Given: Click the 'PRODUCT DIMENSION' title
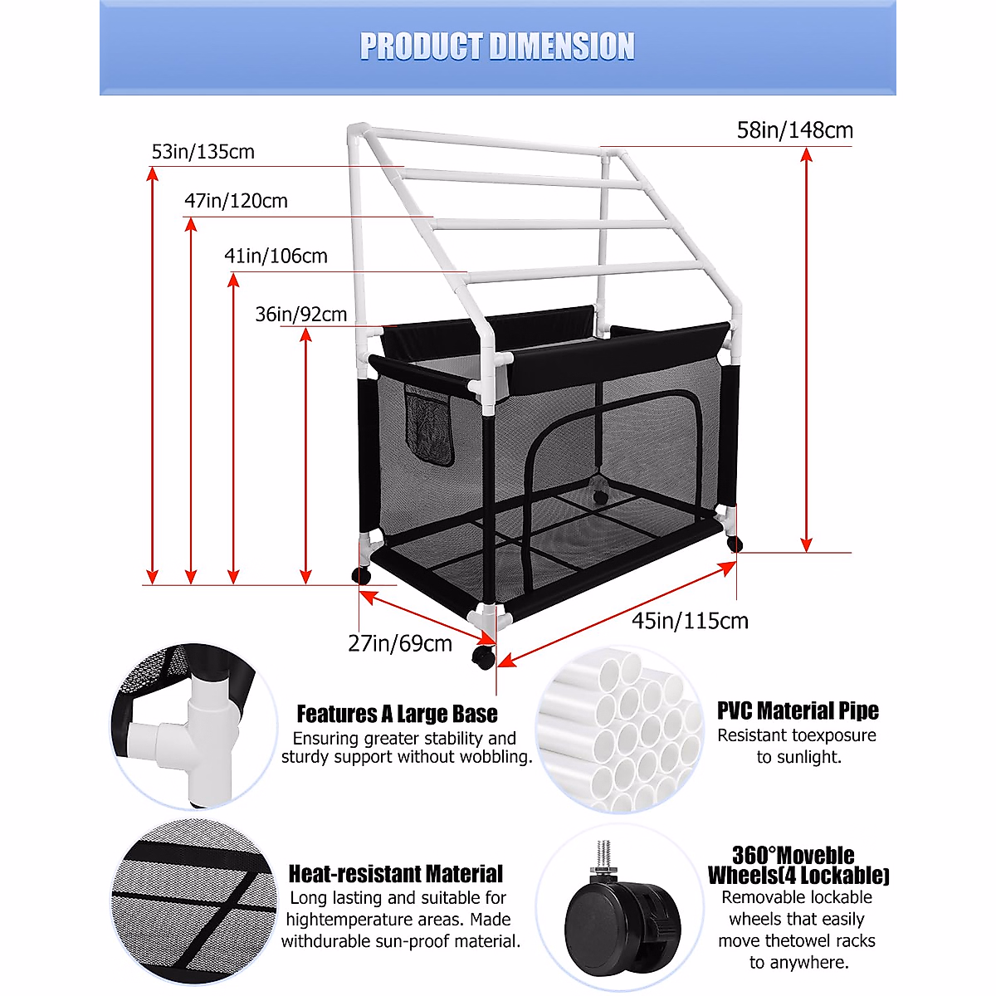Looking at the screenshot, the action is (497, 46).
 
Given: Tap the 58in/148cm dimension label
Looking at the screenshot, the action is (794, 130).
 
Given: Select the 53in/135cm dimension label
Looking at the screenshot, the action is (203, 152).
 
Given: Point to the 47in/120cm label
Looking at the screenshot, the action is (236, 201).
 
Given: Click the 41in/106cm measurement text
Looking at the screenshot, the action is (276, 256).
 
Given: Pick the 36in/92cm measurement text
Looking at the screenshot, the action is (300, 315).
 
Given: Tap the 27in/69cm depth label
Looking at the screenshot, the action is (400, 643).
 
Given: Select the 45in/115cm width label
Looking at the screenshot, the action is (690, 621).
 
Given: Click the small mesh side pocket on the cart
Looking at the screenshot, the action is (429, 426).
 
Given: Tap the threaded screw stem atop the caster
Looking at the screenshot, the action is (603, 855).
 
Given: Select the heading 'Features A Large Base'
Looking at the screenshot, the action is (397, 714).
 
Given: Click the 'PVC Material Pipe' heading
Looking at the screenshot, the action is (798, 711).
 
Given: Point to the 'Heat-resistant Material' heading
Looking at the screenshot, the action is (395, 874).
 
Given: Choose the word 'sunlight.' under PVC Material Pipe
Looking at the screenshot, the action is (798, 757).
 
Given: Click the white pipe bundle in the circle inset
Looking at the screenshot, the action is (618, 730).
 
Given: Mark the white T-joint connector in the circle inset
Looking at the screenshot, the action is (199, 730).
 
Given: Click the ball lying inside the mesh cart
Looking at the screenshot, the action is (599, 496).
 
